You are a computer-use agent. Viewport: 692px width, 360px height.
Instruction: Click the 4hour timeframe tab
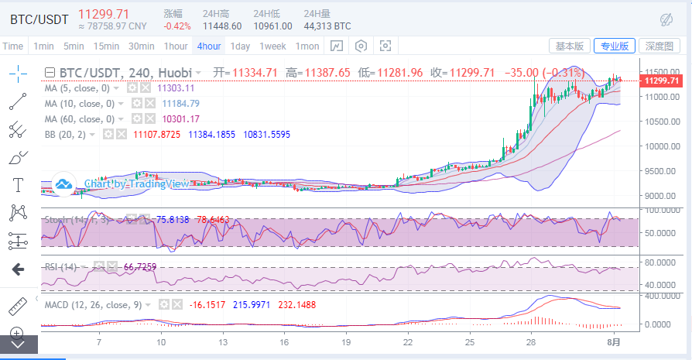[209, 46]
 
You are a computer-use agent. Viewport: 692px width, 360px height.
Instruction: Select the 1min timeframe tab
[43, 46]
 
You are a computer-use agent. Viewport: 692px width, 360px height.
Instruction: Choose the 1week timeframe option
[273, 46]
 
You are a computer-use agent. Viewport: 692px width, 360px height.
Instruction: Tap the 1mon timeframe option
[307, 46]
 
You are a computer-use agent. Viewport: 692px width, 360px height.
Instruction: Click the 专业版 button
[615, 46]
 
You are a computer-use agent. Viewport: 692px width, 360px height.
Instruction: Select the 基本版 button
[570, 46]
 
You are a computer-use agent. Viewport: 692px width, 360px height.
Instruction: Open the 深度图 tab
[660, 46]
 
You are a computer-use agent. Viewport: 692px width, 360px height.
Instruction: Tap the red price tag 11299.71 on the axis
[662, 81]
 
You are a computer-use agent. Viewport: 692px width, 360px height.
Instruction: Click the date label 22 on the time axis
[408, 341]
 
